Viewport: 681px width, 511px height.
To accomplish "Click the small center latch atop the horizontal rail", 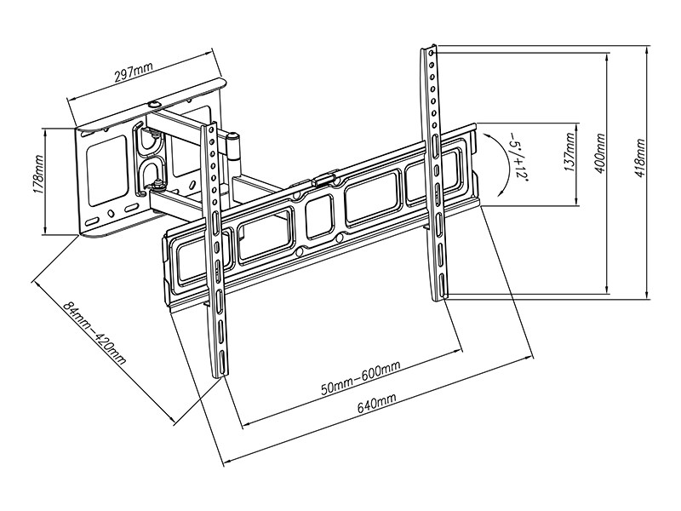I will click(322, 181).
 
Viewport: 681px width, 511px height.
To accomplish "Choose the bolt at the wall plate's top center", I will click(153, 105).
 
